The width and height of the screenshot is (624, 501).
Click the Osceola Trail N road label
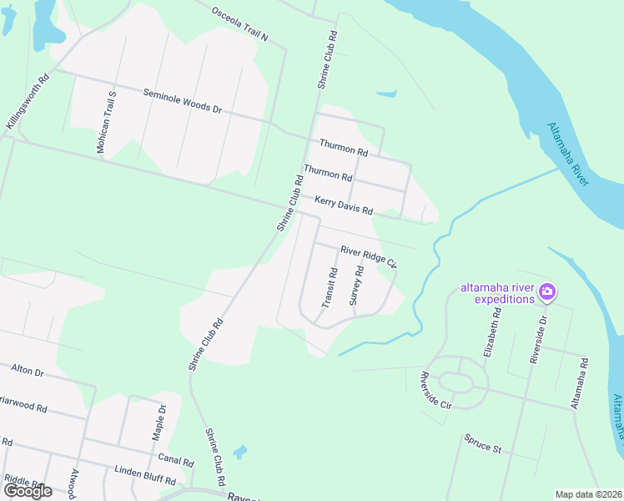tap(240, 26)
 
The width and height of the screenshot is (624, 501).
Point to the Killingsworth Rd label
tap(28, 101)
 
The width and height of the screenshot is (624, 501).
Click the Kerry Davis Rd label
tap(343, 205)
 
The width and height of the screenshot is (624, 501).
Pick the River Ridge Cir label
tap(368, 255)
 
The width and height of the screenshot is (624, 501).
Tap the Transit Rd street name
tap(329, 286)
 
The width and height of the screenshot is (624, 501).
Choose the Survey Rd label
tap(356, 285)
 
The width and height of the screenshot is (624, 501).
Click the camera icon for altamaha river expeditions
tap(548, 292)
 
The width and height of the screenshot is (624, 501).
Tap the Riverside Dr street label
tap(538, 339)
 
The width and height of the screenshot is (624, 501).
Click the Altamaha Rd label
tap(579, 383)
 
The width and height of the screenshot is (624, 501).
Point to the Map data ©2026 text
tap(588, 494)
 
